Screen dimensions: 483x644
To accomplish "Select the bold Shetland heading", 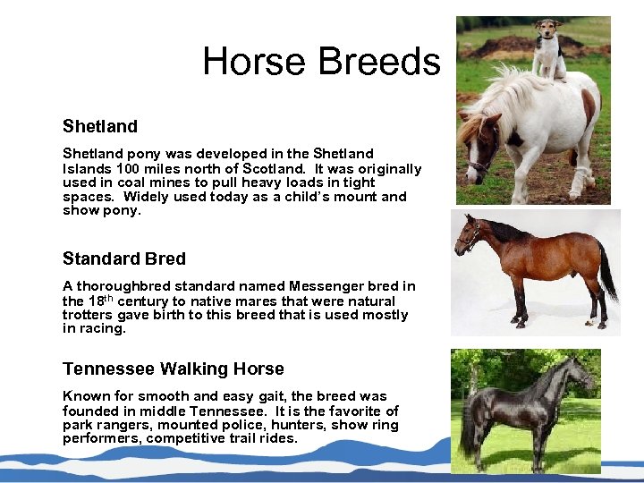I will tap(100, 126).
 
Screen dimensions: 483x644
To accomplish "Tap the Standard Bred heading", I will tap(124, 258).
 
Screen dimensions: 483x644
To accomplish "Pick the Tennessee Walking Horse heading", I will tap(174, 369).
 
